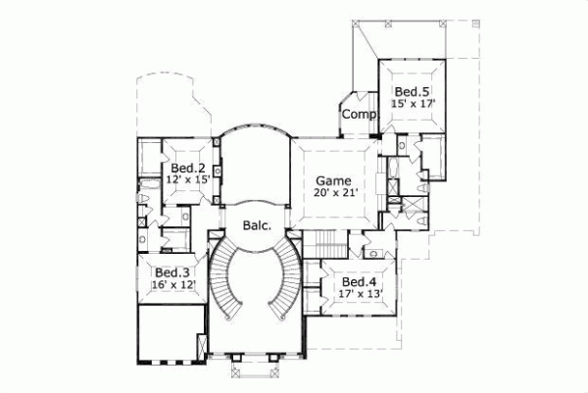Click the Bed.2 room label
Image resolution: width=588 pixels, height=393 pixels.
pos(187,169)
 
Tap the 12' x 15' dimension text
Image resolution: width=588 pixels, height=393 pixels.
pos(187,180)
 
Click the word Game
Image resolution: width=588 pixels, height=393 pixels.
pos(331,180)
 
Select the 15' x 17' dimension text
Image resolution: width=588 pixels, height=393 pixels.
pos(413,103)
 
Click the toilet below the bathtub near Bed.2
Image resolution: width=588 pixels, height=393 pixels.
pos(144,201)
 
